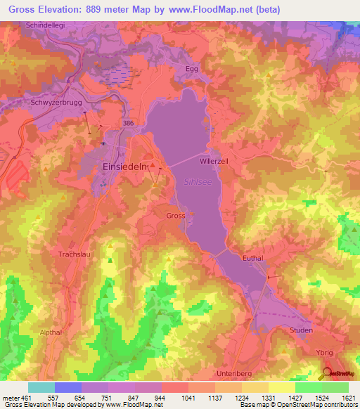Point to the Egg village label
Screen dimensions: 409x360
coord(193,69)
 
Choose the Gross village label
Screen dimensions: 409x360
coord(176,216)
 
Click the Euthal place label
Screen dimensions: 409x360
coord(252,258)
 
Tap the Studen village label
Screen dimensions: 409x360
coord(301,329)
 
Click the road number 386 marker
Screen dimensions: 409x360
coord(129,122)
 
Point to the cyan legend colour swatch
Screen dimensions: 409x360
coord(41,387)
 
